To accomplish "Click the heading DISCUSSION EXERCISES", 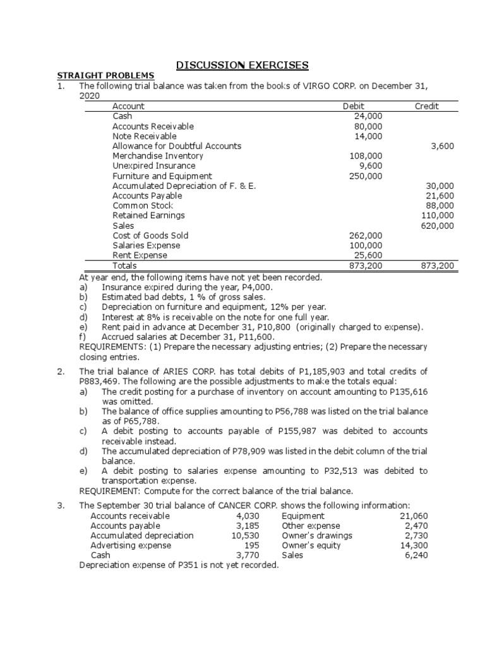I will pyautogui.click(x=242, y=65).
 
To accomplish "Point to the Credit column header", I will pyautogui.click(x=426, y=106).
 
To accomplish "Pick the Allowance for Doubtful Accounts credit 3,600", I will pyautogui.click(x=442, y=146).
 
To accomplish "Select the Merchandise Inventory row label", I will pyautogui.click(x=158, y=156).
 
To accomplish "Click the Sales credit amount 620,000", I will pyautogui.click(x=438, y=226).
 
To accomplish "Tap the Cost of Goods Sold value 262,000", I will pyautogui.click(x=366, y=236).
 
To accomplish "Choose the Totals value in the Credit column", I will pyautogui.click(x=438, y=266).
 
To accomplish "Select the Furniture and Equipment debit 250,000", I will pyautogui.click(x=366, y=176).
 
